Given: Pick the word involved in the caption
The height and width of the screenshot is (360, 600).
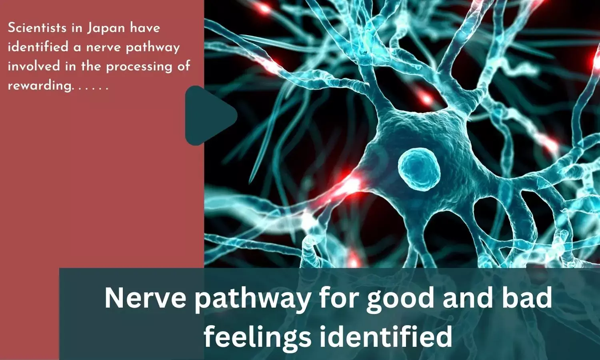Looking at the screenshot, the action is tap(34, 66).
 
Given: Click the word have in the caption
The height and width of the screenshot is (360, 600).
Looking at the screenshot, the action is tap(145, 28).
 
